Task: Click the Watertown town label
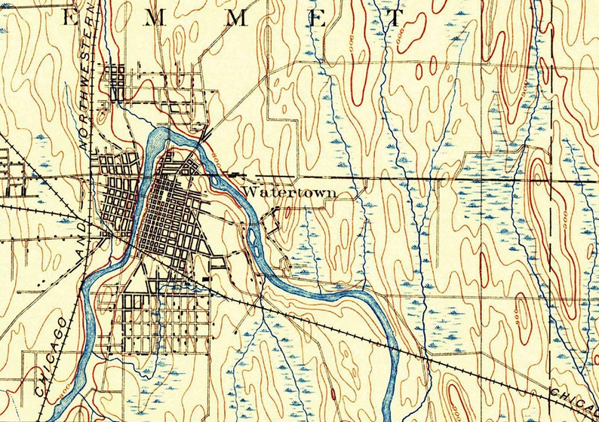point(289,193)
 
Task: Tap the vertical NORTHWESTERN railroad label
point(88,75)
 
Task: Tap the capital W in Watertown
point(248,193)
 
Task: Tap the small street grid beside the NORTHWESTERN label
point(115,79)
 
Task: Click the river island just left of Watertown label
point(220,181)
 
